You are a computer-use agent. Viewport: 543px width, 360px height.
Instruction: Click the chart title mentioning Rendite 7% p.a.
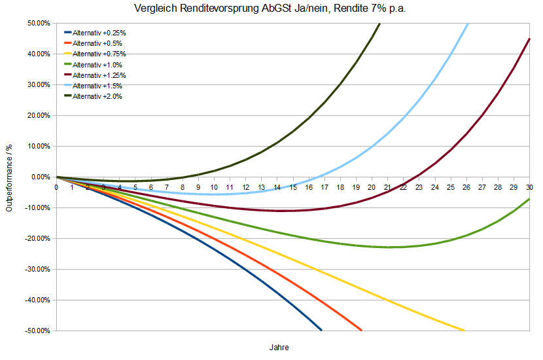point(271,9)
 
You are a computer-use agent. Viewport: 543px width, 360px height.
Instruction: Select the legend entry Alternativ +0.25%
point(99,33)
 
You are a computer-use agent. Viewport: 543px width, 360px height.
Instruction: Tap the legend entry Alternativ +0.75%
point(99,54)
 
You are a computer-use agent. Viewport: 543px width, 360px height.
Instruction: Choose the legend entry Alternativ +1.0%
point(97,65)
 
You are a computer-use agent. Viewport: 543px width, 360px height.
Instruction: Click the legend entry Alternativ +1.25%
point(99,75)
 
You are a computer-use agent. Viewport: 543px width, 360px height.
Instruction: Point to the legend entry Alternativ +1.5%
point(97,86)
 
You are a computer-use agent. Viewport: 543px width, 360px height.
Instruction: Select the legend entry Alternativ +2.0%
point(97,96)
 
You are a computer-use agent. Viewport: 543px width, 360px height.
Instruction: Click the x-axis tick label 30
point(529,187)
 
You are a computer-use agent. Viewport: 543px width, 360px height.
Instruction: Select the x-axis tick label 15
point(293,187)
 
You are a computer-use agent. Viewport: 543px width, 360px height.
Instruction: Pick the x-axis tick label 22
point(404,187)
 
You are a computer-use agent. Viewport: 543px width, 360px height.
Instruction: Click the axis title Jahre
point(279,347)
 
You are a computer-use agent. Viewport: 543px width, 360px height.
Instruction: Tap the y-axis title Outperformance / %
point(9,177)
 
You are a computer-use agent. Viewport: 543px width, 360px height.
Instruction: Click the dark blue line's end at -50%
point(321,330)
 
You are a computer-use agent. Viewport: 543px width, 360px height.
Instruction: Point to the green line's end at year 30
point(529,199)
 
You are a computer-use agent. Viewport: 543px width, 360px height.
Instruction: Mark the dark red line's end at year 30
point(529,39)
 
